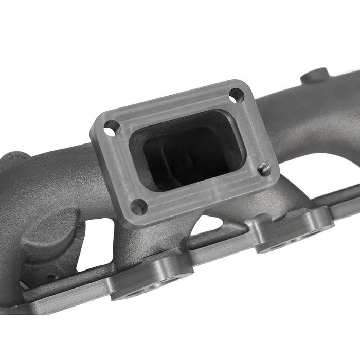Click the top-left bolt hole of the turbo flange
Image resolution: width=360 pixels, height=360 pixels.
click(112, 128)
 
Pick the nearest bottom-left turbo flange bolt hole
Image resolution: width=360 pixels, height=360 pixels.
click(138, 207)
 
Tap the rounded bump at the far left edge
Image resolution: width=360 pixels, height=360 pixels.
click(15, 157)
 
